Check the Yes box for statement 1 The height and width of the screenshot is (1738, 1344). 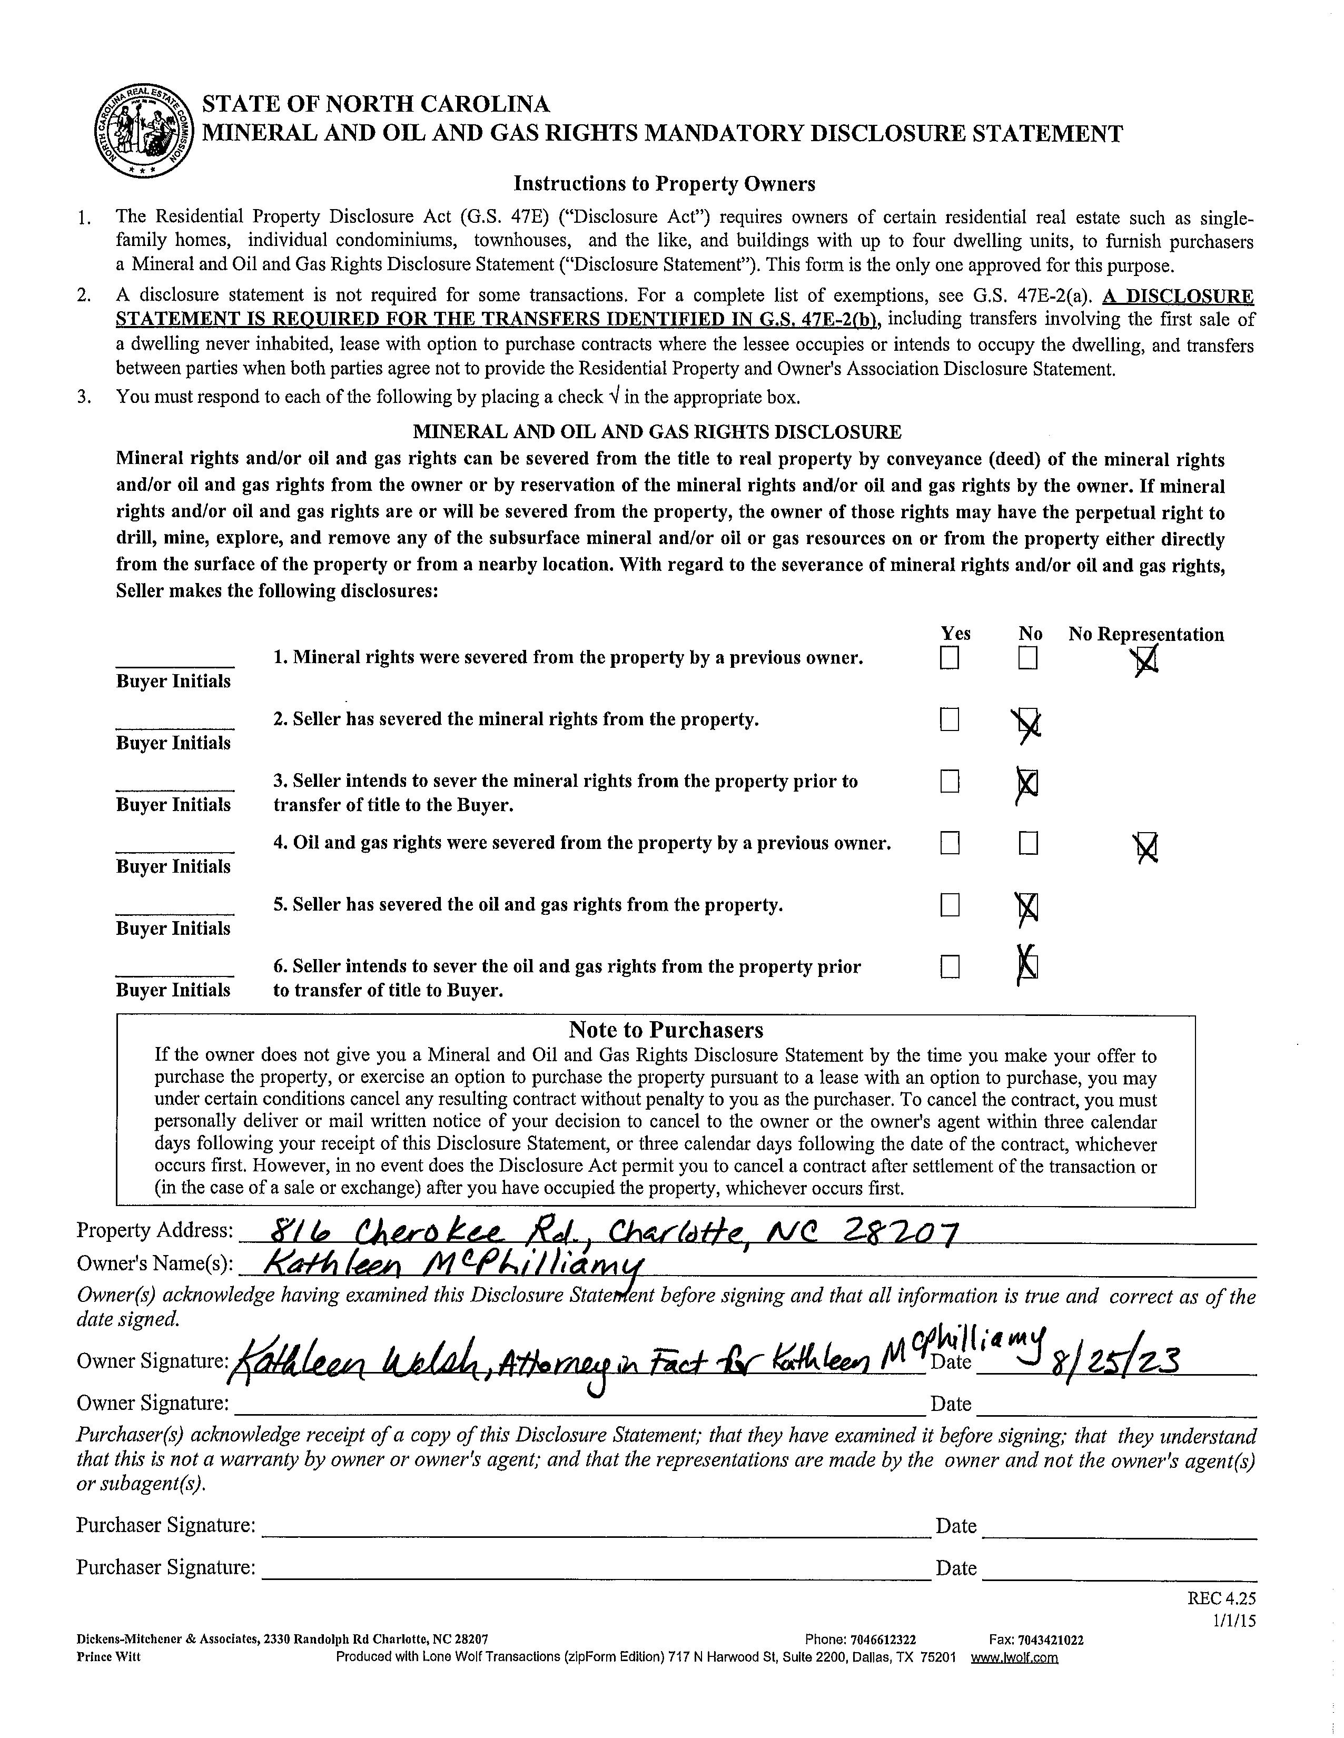click(x=950, y=658)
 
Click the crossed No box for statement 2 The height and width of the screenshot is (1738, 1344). click(x=1028, y=722)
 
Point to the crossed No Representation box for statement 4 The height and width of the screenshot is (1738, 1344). click(x=1147, y=847)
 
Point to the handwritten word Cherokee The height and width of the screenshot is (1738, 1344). click(x=430, y=1233)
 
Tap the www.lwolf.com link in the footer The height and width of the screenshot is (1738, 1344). click(x=1014, y=1657)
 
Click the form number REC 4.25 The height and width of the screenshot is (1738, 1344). click(x=1221, y=1598)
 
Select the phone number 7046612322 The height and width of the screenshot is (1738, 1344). click(x=883, y=1640)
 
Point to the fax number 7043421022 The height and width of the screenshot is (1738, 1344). click(x=1050, y=1640)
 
